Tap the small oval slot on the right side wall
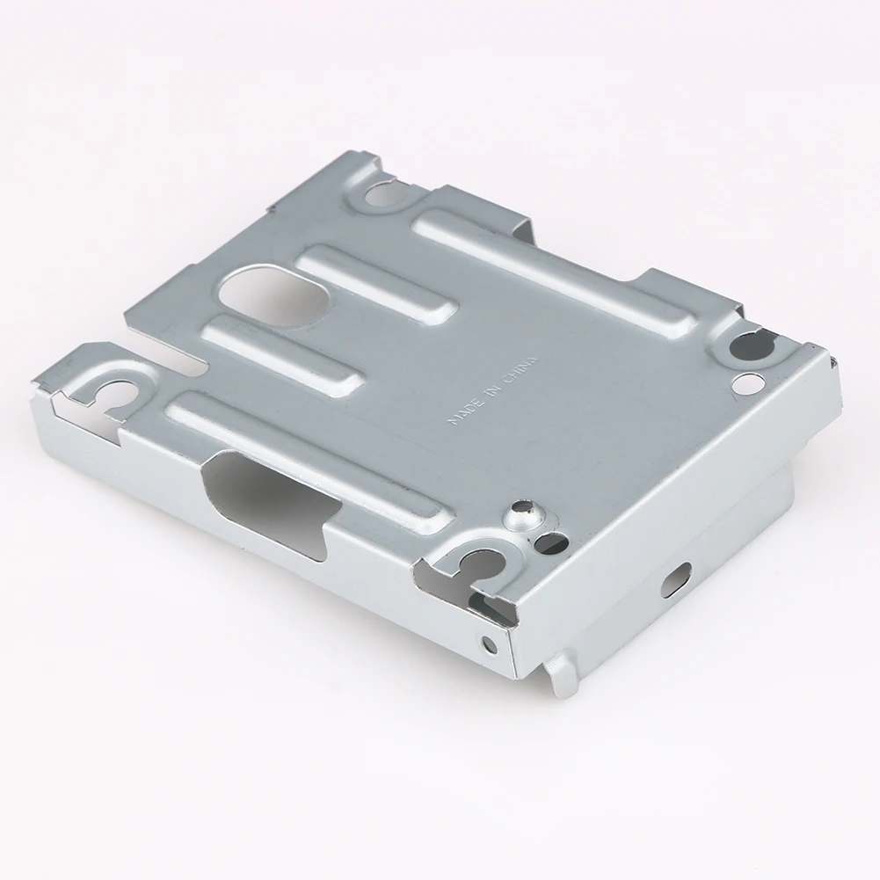click(x=678, y=578)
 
